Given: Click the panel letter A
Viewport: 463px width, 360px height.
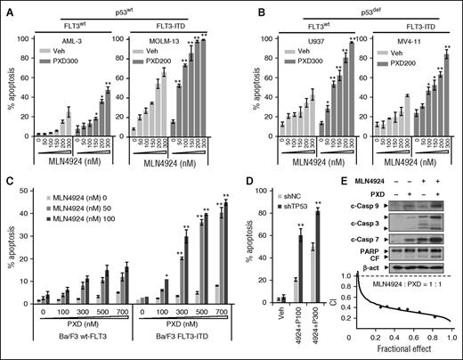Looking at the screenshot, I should coord(7,7).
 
